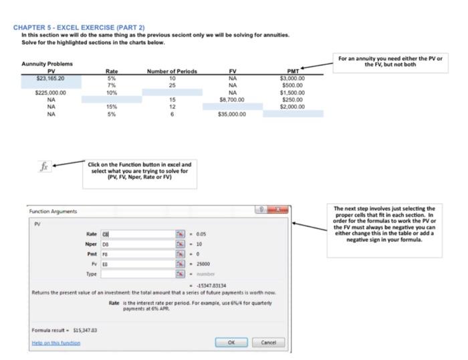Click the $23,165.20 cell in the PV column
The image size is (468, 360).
pyautogui.click(x=51, y=78)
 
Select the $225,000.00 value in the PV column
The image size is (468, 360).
pyautogui.click(x=51, y=93)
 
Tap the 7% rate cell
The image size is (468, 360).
pyautogui.click(x=112, y=85)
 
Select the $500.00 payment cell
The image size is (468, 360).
pyautogui.click(x=293, y=85)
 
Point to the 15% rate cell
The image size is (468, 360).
pyautogui.click(x=112, y=107)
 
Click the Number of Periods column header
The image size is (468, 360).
pyautogui.click(x=172, y=71)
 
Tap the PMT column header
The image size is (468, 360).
pyautogui.click(x=293, y=71)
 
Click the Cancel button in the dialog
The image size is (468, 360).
pyautogui.click(x=268, y=343)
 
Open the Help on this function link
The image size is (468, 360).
pyautogui.click(x=56, y=343)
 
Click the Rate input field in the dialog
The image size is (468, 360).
pyautogui.click(x=137, y=234)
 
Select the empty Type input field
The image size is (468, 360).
pyautogui.click(x=137, y=274)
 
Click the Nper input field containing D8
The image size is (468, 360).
pyautogui.click(x=137, y=244)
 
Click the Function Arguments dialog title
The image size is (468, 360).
pyautogui.click(x=53, y=211)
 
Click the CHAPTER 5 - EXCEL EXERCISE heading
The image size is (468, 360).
pyautogui.click(x=78, y=27)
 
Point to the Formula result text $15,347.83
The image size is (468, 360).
pyautogui.click(x=65, y=329)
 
